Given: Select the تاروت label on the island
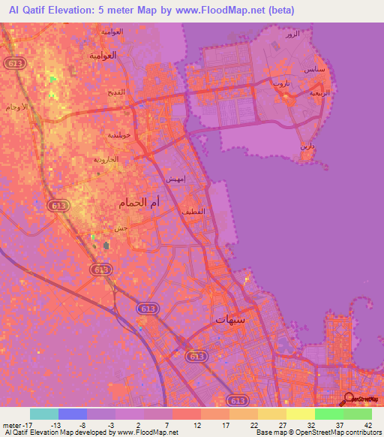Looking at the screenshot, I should pos(281,84).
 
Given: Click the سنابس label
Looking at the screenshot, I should pos(315,70).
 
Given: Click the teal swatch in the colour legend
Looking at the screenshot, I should pos(44,414).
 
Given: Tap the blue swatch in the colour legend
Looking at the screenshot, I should pos(73,414).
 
